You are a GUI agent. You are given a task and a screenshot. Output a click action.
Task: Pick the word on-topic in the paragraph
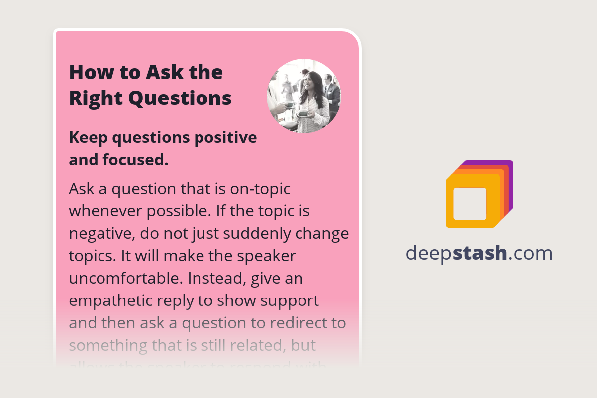(260, 189)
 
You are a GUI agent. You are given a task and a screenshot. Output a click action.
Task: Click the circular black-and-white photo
(303, 96)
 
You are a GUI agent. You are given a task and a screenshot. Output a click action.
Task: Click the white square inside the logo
(470, 204)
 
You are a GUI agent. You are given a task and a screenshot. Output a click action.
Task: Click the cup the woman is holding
(303, 112)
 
